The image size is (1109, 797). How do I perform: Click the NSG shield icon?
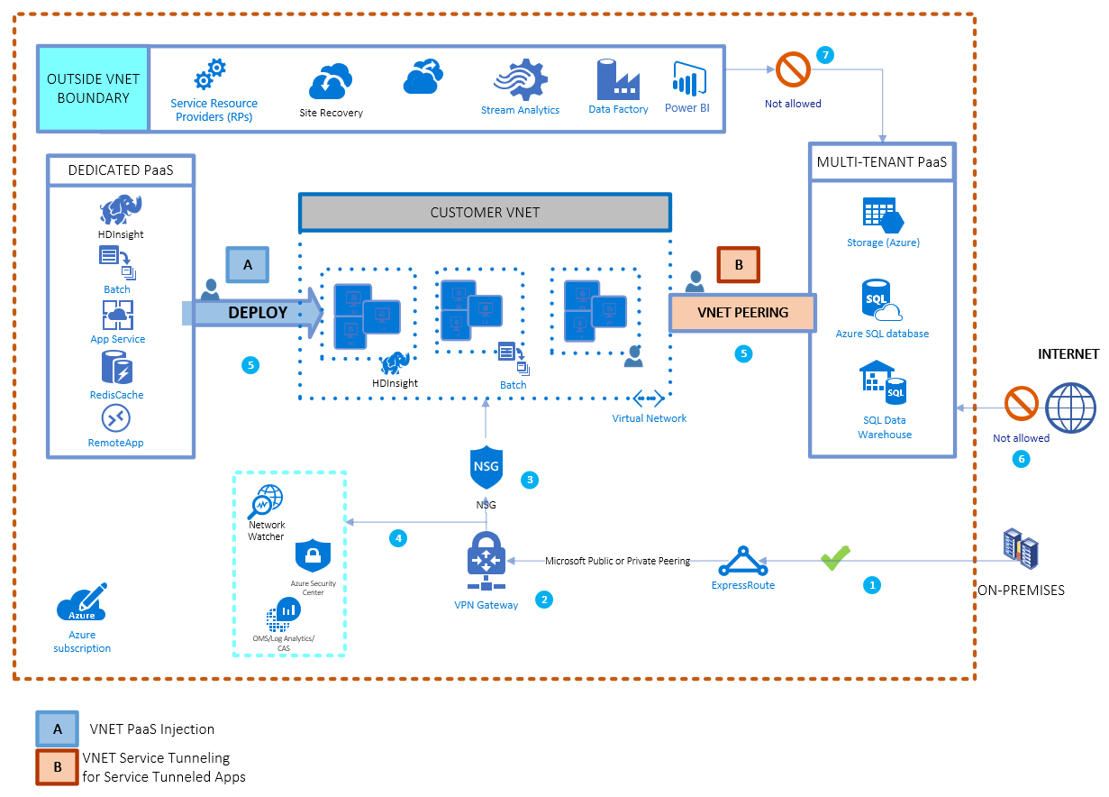[x=485, y=467]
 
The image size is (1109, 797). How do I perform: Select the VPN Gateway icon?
[x=486, y=560]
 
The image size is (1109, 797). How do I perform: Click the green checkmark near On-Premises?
[x=834, y=559]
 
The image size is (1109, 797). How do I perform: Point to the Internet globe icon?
[x=1070, y=408]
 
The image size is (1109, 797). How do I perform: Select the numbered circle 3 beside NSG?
[x=531, y=480]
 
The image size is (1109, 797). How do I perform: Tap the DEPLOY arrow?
[x=257, y=313]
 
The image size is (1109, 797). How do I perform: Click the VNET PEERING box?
[x=742, y=313]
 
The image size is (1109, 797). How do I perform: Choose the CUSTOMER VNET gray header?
[x=485, y=213]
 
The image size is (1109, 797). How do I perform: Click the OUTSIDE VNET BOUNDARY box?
[x=93, y=88]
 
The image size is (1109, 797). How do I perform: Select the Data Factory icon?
[x=617, y=80]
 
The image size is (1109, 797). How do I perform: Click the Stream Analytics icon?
[x=520, y=80]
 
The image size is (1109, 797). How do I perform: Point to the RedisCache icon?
[x=116, y=368]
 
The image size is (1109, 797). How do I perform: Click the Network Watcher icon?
[x=266, y=500]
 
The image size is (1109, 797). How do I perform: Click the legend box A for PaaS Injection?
[x=57, y=728]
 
